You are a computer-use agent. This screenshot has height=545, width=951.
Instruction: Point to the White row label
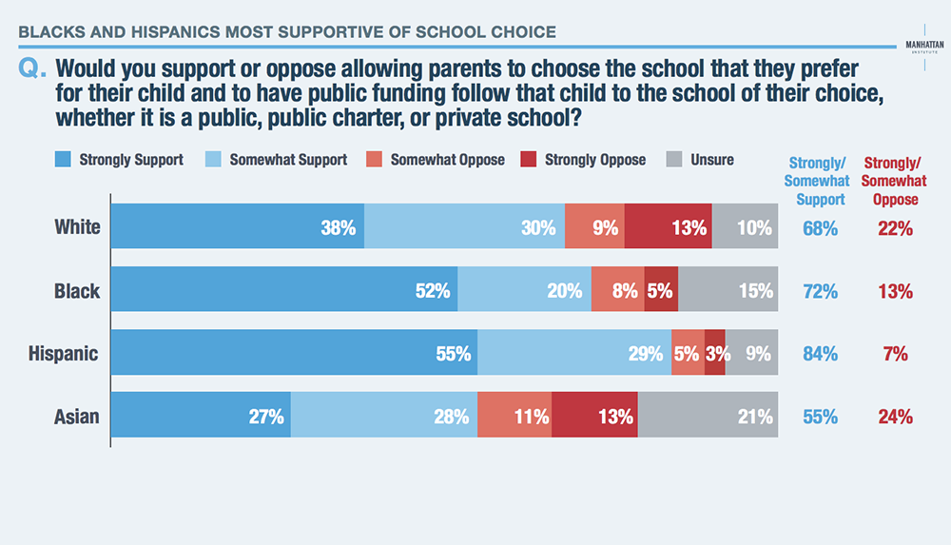(x=76, y=228)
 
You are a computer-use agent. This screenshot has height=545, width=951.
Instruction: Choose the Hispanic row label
(x=64, y=354)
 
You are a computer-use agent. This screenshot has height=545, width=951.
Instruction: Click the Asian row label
(x=76, y=417)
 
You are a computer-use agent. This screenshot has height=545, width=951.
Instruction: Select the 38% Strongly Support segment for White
(x=238, y=228)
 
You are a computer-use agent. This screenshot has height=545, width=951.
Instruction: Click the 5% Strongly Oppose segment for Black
(x=661, y=291)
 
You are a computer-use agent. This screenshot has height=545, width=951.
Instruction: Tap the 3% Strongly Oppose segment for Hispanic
(x=715, y=354)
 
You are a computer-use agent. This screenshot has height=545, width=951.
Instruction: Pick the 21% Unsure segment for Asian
(x=708, y=417)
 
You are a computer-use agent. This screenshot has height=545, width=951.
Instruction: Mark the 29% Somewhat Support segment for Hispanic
(x=574, y=354)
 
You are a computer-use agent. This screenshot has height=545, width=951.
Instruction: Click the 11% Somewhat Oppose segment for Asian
(x=514, y=417)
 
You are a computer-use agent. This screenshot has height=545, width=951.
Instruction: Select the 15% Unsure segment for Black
(x=728, y=291)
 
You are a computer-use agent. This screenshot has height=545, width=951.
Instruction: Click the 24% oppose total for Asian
(x=895, y=417)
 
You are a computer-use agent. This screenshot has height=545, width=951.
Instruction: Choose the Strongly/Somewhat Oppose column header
(x=895, y=181)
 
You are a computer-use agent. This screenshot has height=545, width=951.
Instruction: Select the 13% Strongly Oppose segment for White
(x=669, y=228)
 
